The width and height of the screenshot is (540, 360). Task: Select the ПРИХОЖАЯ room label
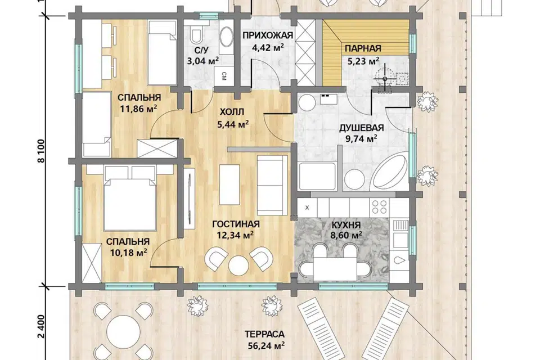pos(268,35)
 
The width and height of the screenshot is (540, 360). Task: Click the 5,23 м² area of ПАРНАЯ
pos(363,61)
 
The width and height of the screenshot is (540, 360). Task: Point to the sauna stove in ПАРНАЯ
pos(384,79)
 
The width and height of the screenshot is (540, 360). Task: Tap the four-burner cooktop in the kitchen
pos(379,207)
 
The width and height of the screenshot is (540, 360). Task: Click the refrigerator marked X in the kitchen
pos(307,208)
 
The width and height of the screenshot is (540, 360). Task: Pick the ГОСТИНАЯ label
pos(236,224)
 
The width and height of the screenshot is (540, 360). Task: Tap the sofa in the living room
pos(272,185)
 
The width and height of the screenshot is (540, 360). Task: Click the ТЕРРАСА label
pos(264,334)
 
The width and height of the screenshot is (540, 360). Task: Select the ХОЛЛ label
pos(232,112)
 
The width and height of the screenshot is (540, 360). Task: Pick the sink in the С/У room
pos(226,37)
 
